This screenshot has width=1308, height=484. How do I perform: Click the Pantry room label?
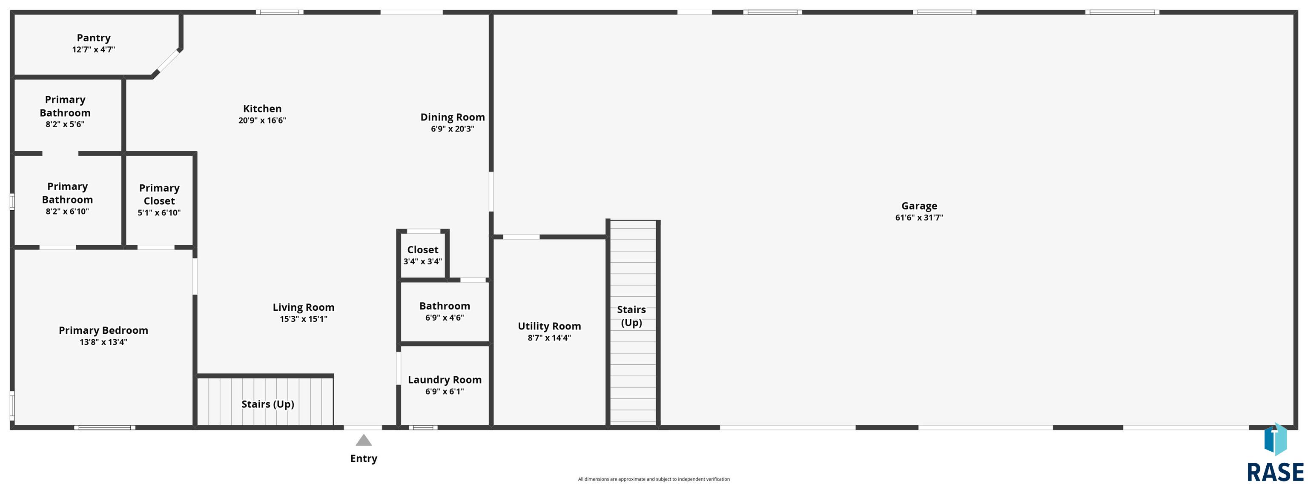tap(93, 38)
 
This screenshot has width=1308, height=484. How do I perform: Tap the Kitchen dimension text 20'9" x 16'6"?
tap(262, 120)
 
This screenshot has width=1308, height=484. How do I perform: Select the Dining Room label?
tap(453, 117)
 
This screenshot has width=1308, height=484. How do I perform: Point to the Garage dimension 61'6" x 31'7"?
tap(919, 218)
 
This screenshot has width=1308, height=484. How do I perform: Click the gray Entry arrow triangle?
tap(364, 440)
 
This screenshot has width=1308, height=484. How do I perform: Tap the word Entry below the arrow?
tap(364, 458)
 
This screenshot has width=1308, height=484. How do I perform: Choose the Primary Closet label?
tap(159, 195)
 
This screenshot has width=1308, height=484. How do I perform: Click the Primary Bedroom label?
tap(103, 331)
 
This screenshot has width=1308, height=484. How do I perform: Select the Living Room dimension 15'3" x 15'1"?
tap(304, 319)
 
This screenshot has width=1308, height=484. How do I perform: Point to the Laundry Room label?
tap(445, 380)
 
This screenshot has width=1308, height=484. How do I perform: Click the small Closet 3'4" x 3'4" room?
tap(423, 255)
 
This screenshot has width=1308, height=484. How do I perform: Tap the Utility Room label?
tap(549, 326)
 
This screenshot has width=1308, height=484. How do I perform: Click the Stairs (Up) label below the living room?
tap(267, 404)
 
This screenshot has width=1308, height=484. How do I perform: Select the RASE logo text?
tap(1276, 473)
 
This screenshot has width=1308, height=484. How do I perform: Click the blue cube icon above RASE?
tap(1275, 440)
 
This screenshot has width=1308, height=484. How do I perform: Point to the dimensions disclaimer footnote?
tap(654, 479)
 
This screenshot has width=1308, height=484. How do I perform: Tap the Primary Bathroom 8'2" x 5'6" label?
tap(65, 112)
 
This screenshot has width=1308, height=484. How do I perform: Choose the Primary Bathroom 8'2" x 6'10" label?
tap(67, 198)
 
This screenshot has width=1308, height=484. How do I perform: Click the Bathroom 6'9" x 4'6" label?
tap(445, 311)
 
